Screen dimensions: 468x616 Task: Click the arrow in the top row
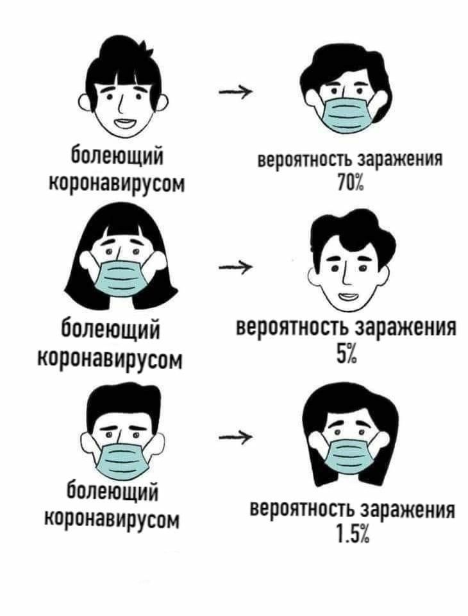coord(235,92)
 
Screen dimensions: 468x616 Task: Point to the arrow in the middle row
coord(235,267)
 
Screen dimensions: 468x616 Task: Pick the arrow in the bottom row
coord(235,436)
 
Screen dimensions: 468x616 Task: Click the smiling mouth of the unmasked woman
coord(125,123)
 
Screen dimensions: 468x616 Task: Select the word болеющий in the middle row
coord(111,330)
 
